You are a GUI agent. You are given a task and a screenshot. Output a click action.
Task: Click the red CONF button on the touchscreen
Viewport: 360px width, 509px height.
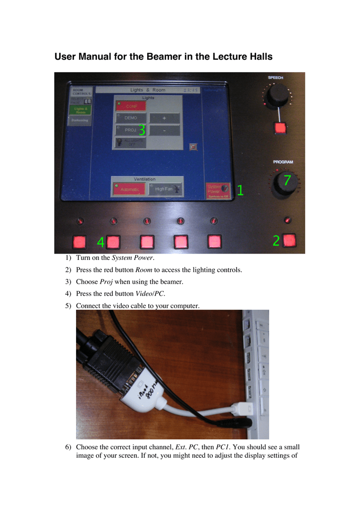[x=130, y=105]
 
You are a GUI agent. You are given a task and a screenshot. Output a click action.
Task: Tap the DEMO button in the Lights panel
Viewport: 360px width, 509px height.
[x=130, y=118]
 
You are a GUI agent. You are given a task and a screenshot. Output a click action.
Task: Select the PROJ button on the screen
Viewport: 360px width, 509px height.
[x=130, y=130]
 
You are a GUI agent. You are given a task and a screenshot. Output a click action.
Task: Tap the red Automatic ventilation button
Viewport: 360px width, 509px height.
[x=128, y=189]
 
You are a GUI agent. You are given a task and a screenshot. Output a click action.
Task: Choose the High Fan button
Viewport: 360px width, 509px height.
[x=166, y=189]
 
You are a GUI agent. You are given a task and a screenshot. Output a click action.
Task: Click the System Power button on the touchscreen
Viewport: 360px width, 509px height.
[x=218, y=190]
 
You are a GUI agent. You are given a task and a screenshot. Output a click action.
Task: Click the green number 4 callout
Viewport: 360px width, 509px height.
[x=100, y=243]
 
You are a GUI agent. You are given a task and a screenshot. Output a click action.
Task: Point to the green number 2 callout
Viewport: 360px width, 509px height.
[x=276, y=241]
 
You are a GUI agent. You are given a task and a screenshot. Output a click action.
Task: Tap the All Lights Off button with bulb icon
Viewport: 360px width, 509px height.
[x=130, y=143]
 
